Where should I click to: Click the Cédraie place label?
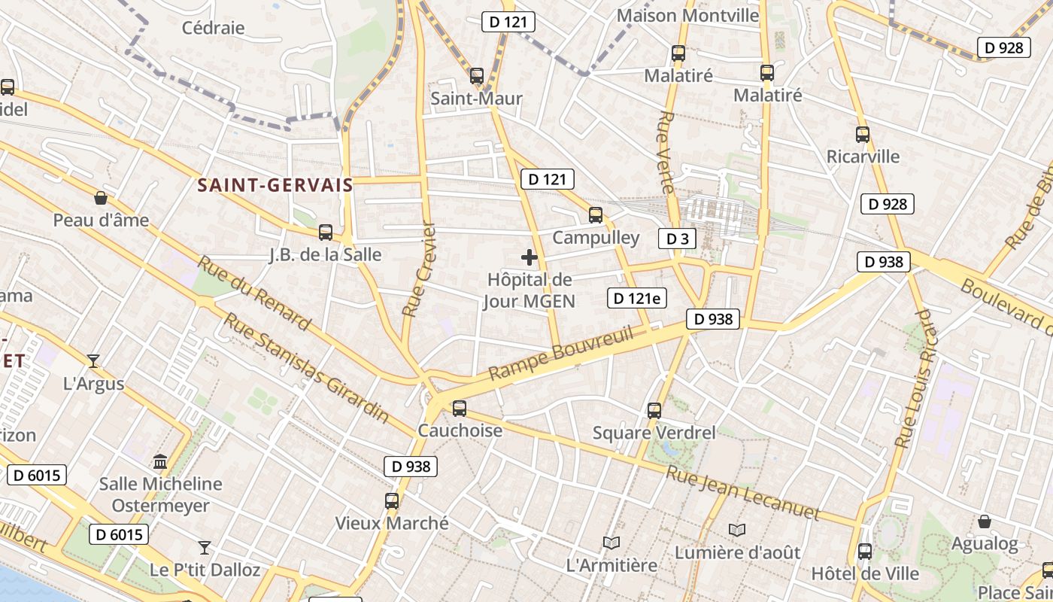(x=214, y=28)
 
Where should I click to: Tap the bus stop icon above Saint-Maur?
(x=476, y=75)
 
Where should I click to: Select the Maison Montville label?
(x=687, y=15)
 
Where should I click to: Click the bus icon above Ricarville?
(x=862, y=135)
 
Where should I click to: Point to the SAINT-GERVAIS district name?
(x=275, y=185)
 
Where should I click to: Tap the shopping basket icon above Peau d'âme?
(x=101, y=198)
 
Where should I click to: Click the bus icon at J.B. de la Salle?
(x=325, y=232)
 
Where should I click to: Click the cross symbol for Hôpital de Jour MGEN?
(x=529, y=257)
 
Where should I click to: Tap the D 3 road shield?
(x=677, y=239)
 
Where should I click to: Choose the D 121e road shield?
(x=637, y=298)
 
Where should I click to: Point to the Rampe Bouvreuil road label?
(x=560, y=354)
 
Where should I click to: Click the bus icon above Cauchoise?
(x=459, y=409)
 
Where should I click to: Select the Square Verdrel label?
(x=654, y=433)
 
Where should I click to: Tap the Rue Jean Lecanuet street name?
(x=742, y=493)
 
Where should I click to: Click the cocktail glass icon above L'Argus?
(x=93, y=361)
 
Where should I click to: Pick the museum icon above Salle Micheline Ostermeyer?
(x=159, y=461)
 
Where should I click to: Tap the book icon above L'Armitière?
(x=611, y=543)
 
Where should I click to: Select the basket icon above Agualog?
(x=984, y=521)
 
